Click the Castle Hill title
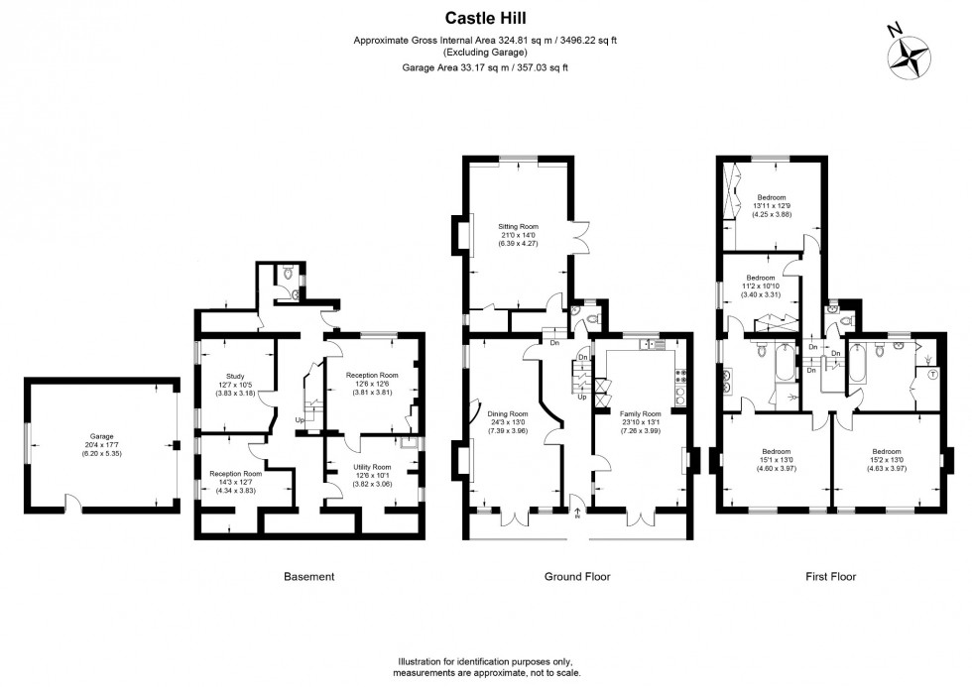[x=485, y=17]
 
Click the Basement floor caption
[x=308, y=576]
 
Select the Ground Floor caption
[x=577, y=576]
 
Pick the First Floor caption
[x=830, y=576]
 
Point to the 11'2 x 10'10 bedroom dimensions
[x=761, y=286]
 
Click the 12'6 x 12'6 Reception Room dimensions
[x=372, y=384]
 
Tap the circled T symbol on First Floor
[x=932, y=375]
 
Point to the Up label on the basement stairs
[x=300, y=419]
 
